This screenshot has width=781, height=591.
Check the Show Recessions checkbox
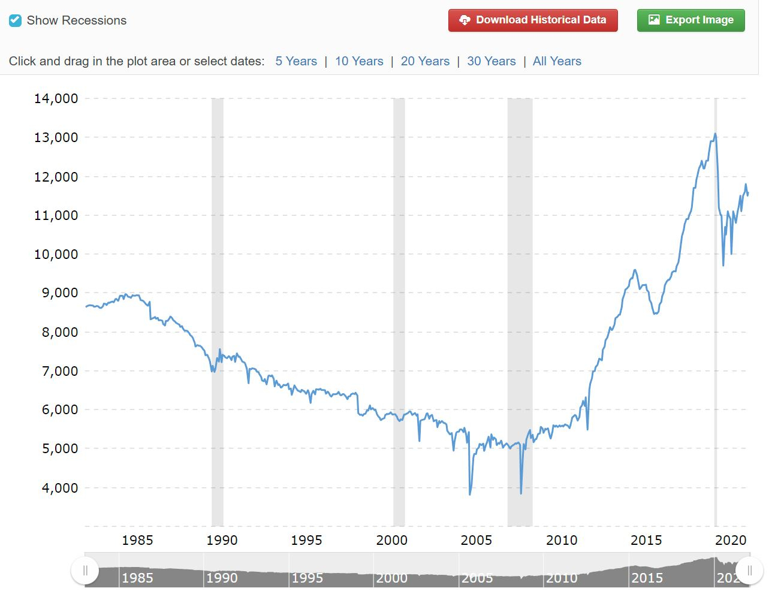pyautogui.click(x=16, y=20)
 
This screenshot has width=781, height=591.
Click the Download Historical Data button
pyautogui.click(x=533, y=20)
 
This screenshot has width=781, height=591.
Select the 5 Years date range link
pyautogui.click(x=296, y=61)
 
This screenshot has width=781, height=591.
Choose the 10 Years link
pyautogui.click(x=359, y=61)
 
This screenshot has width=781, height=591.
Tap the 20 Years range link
pyautogui.click(x=425, y=61)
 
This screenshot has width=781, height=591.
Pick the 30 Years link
pyautogui.click(x=491, y=61)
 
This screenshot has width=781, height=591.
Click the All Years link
pyautogui.click(x=557, y=61)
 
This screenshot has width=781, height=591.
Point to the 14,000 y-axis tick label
pyautogui.click(x=56, y=98)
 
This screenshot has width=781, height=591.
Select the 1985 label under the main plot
pyautogui.click(x=137, y=540)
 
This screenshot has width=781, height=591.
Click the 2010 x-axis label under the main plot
pyautogui.click(x=562, y=540)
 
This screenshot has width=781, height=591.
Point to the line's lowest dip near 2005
pyautogui.click(x=470, y=494)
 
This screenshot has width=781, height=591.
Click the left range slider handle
pyautogui.click(x=85, y=570)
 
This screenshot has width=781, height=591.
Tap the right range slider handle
pyautogui.click(x=749, y=570)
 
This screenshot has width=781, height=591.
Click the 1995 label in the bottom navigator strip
pyautogui.click(x=307, y=578)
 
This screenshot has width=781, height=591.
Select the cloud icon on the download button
pyautogui.click(x=465, y=20)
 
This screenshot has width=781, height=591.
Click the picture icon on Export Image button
pyautogui.click(x=654, y=20)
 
